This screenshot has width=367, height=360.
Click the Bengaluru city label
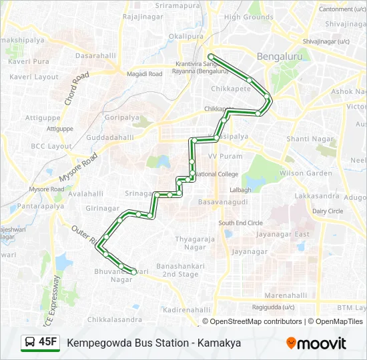(280, 57)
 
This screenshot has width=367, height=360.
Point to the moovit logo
(316, 343)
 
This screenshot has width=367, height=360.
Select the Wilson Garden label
(306, 173)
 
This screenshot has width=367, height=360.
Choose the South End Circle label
(240, 223)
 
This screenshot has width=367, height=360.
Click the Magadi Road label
(145, 74)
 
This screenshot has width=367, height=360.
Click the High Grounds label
(249, 17)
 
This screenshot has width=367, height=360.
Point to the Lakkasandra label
(316, 197)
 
